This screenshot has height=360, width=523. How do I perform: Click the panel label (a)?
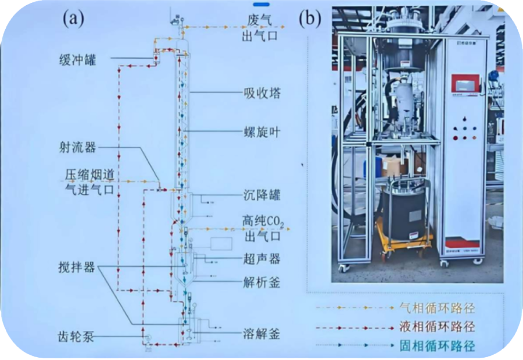pos(73,19)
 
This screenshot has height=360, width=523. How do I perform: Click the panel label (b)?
pos(310,19)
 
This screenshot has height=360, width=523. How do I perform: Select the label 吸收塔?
pos(261,93)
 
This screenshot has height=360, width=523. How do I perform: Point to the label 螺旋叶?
pos(261,132)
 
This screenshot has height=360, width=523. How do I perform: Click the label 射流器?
pos(77,147)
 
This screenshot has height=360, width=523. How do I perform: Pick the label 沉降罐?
pos(261,195)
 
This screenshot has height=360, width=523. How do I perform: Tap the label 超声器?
pos(261,258)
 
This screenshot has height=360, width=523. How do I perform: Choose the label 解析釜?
pos(261,283)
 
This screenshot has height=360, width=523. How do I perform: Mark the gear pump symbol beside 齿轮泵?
pos(148,337)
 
